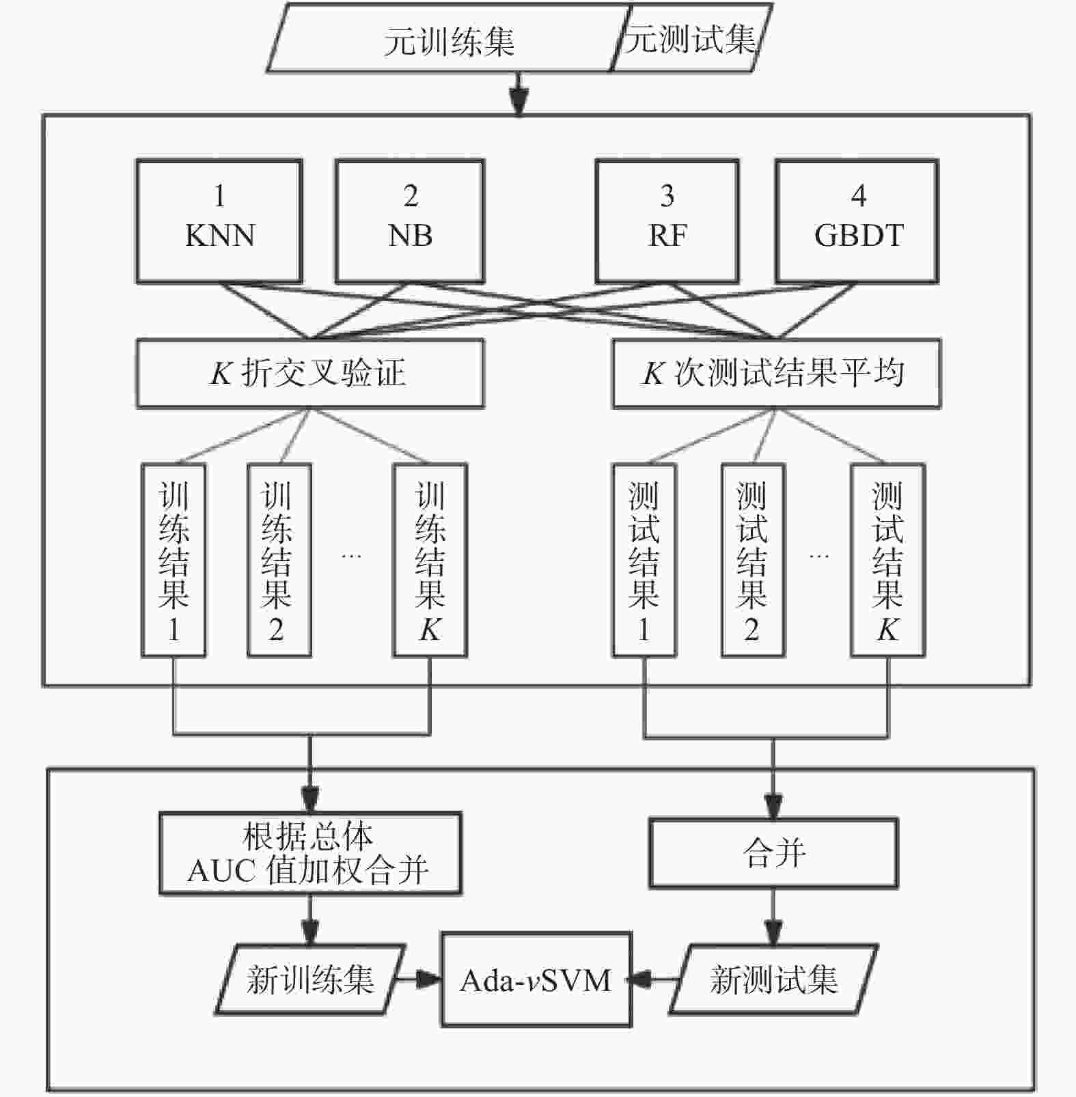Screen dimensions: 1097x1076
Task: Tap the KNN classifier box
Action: click(219, 221)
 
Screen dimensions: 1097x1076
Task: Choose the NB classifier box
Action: click(410, 221)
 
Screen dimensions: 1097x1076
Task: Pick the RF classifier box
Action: click(667, 221)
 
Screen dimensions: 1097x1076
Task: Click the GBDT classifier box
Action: click(857, 221)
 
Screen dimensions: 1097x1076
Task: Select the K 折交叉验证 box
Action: click(310, 374)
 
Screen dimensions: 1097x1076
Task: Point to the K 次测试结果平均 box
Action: click(776, 374)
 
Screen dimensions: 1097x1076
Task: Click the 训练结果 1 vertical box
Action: click(174, 560)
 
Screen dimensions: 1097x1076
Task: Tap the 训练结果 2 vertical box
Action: click(279, 560)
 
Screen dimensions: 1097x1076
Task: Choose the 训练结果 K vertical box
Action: click(430, 560)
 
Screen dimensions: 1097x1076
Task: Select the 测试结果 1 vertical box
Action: click(644, 560)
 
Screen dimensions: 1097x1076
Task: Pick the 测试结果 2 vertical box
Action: click(753, 560)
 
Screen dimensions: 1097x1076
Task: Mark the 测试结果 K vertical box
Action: click(887, 560)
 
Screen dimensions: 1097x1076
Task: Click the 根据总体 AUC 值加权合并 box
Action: click(310, 853)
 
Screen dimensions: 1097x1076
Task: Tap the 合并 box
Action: click(773, 853)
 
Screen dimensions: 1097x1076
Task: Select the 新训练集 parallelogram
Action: click(311, 980)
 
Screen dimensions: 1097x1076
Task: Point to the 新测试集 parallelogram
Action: click(773, 980)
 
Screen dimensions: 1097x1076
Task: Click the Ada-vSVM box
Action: click(536, 980)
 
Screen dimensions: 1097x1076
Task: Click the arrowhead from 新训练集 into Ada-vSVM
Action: click(430, 980)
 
